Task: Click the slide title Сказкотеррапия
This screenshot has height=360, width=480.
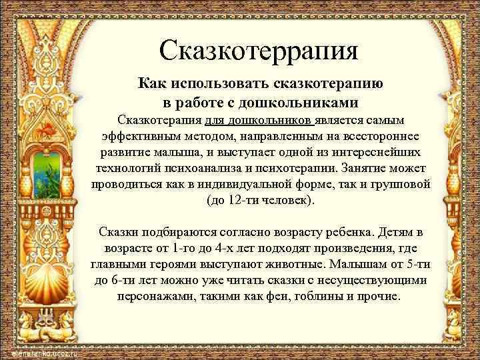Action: [x=259, y=49]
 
